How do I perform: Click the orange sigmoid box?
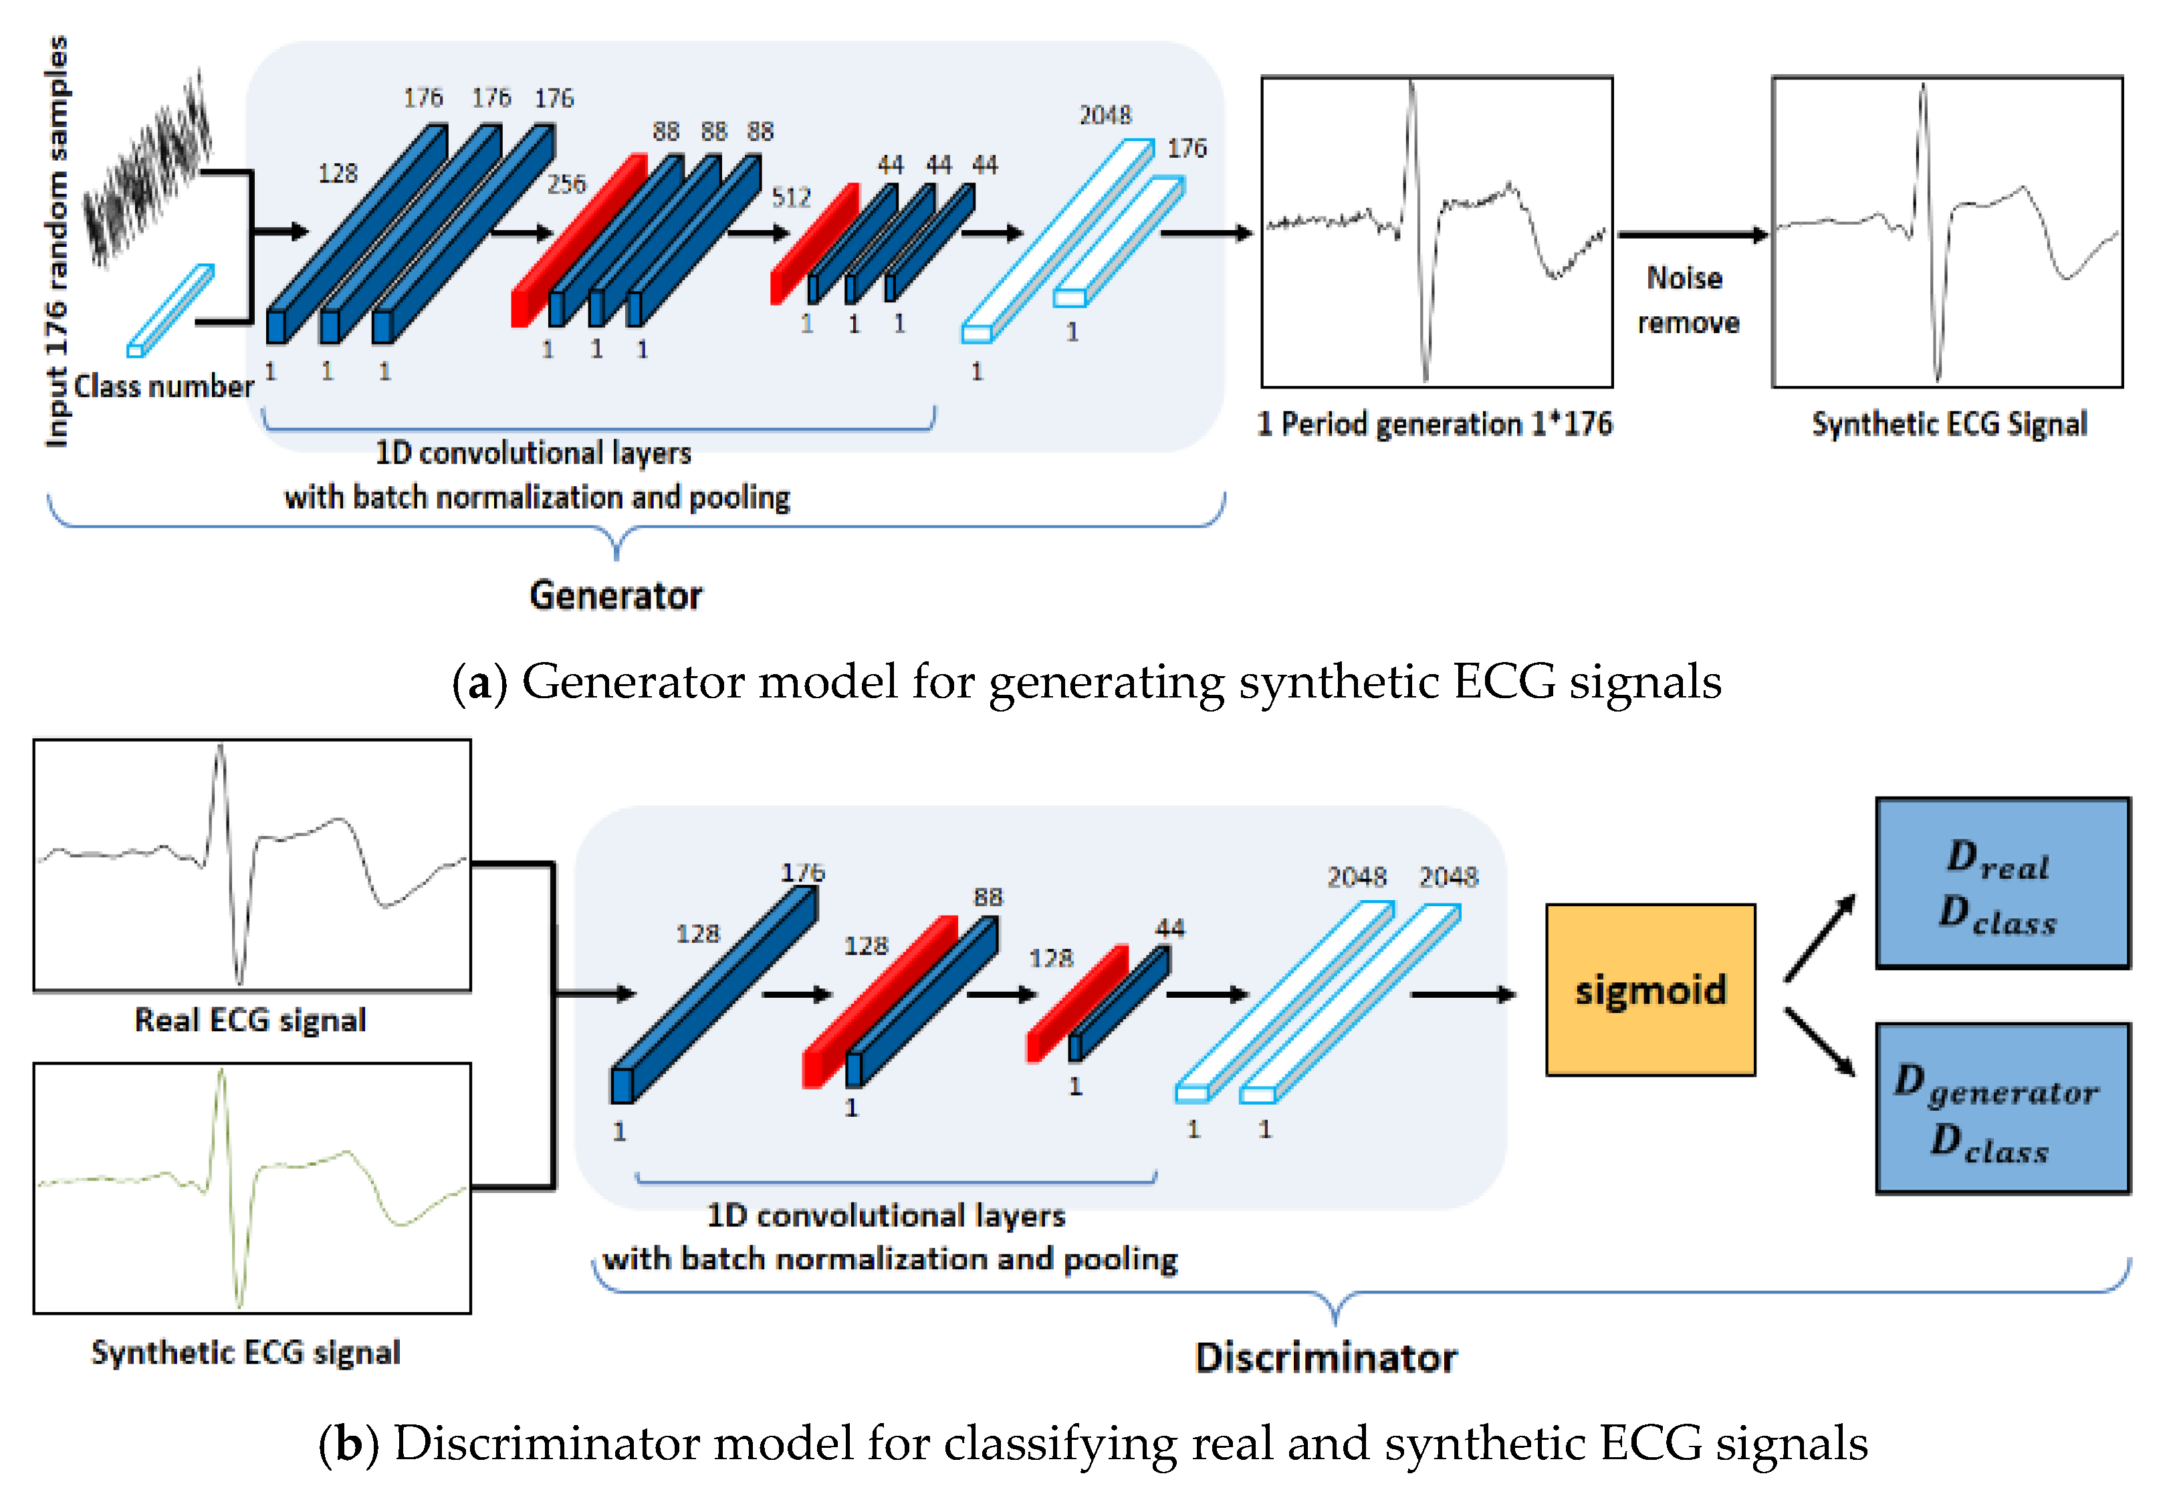click(1649, 989)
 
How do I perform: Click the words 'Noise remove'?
click(1687, 300)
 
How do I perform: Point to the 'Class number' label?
click(164, 386)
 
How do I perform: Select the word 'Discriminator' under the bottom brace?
click(1326, 1358)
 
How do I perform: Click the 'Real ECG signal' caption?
click(250, 1020)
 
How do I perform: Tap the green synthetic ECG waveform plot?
click(252, 1188)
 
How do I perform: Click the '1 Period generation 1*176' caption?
click(1435, 425)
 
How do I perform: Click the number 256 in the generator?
click(566, 185)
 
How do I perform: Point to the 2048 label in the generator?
click(1105, 115)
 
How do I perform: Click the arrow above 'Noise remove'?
click(1692, 234)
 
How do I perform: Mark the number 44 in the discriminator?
click(1169, 928)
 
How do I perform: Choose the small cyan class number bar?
click(170, 310)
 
